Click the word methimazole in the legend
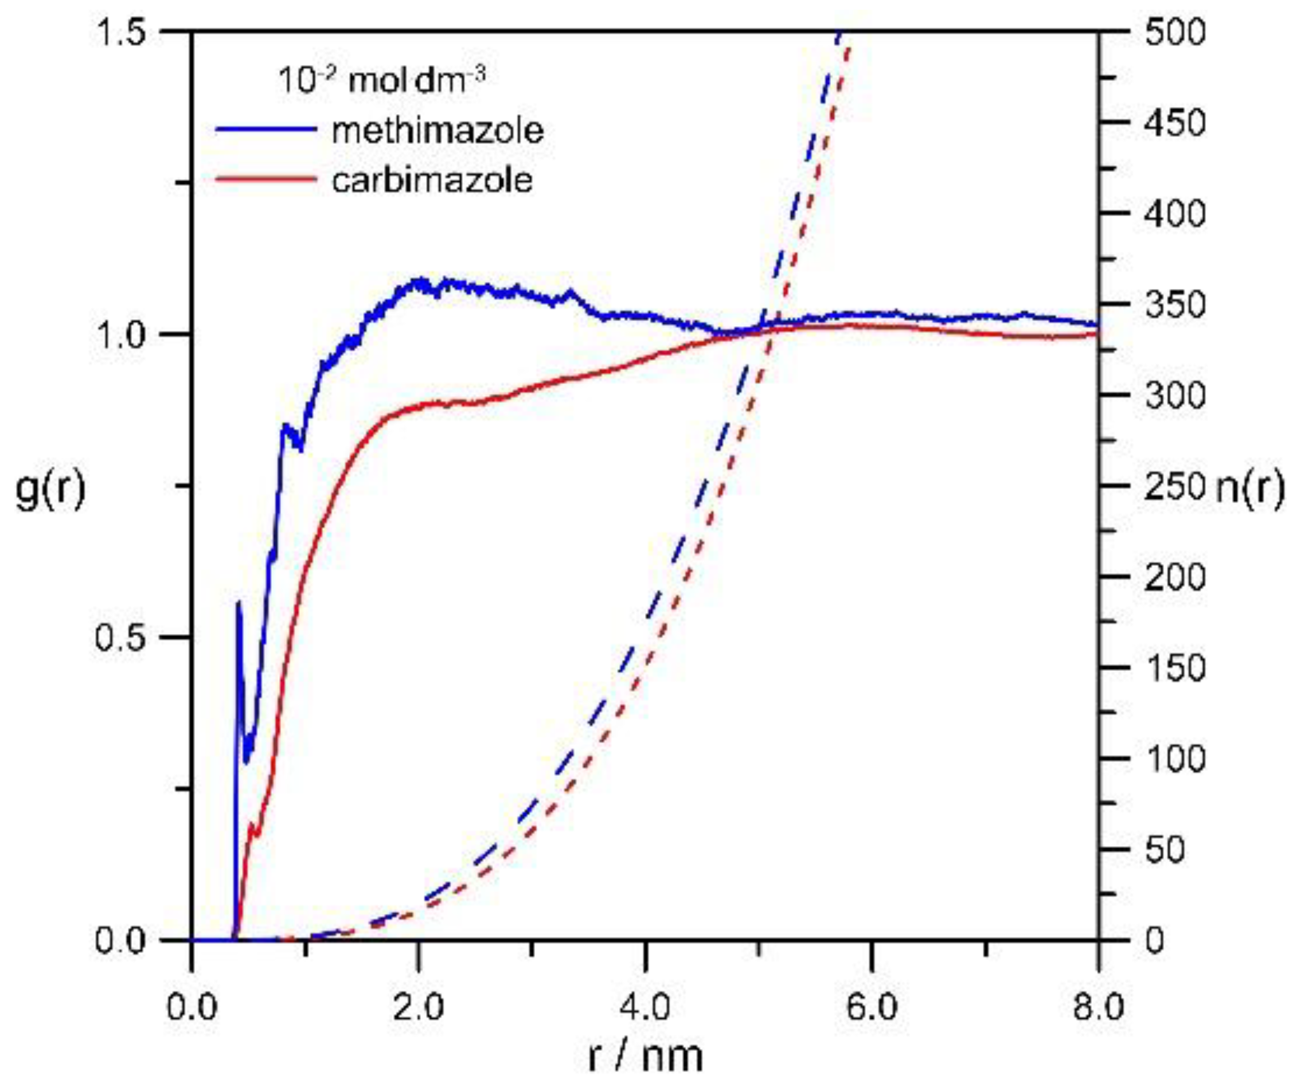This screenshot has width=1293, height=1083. click(x=437, y=131)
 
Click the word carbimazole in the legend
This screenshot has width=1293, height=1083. click(x=432, y=181)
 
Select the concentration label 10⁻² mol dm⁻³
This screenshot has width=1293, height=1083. click(x=382, y=81)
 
